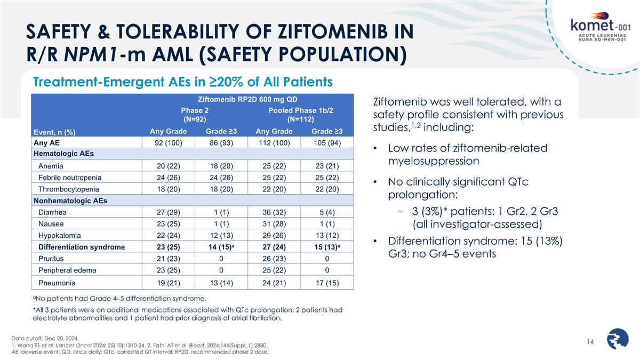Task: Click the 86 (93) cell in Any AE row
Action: (220, 142)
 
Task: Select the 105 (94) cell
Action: (327, 142)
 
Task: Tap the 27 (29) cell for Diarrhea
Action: (167, 212)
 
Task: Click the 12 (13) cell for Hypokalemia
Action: (220, 235)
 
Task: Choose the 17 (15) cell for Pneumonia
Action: (327, 283)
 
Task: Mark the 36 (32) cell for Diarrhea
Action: (274, 212)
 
